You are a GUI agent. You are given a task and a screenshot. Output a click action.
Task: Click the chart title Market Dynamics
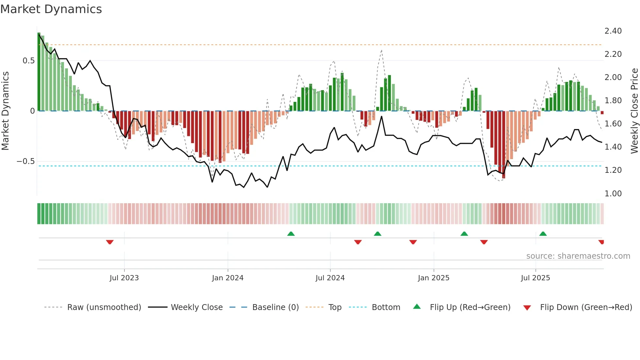point(51,9)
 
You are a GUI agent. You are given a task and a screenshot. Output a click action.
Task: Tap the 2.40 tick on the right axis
point(613,31)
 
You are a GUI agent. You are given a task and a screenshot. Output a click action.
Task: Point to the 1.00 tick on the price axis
point(613,193)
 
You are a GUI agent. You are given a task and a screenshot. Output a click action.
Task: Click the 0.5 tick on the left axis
point(28,61)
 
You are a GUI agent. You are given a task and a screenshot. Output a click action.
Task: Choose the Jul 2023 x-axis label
point(124,278)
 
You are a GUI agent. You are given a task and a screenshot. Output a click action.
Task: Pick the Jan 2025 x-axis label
point(433,278)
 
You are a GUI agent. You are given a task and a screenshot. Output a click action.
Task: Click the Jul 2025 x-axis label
point(535,278)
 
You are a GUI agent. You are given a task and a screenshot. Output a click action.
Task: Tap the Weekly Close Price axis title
point(634,111)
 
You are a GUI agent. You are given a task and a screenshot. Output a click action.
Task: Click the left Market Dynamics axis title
point(5,111)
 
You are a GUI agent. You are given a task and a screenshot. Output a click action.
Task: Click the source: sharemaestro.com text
point(578,256)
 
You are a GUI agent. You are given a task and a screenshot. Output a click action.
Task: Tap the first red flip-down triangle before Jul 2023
point(110,242)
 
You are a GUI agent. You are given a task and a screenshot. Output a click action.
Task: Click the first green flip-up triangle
point(291,234)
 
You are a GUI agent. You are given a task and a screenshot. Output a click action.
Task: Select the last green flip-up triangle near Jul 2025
point(543,234)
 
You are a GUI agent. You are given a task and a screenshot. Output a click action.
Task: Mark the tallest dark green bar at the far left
point(39,72)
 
